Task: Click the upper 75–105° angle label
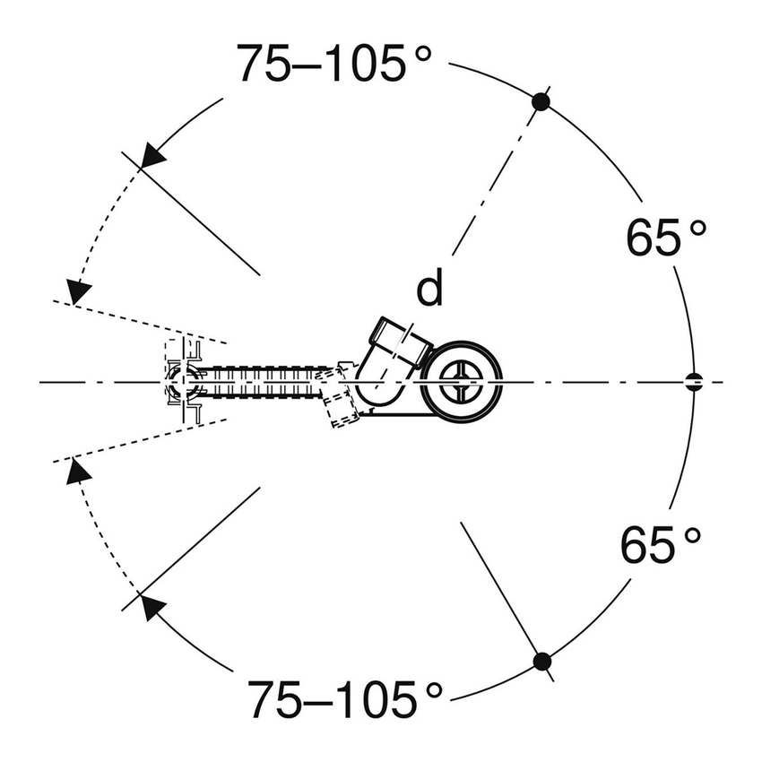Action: point(333,63)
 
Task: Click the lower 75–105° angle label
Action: point(345,699)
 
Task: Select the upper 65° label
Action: point(666,237)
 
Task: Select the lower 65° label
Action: point(662,544)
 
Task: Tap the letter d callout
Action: point(430,287)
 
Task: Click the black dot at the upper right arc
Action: point(541,102)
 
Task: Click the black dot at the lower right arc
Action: point(541,662)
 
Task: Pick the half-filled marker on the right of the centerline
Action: point(694,382)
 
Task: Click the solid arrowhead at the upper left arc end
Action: point(152,155)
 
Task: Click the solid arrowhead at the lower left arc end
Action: point(152,607)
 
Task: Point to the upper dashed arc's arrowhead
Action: point(78,292)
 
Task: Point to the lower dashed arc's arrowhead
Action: point(78,471)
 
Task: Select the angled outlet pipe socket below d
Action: point(401,342)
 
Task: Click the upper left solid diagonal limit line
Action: point(190,213)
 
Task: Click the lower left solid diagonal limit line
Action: point(191,550)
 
